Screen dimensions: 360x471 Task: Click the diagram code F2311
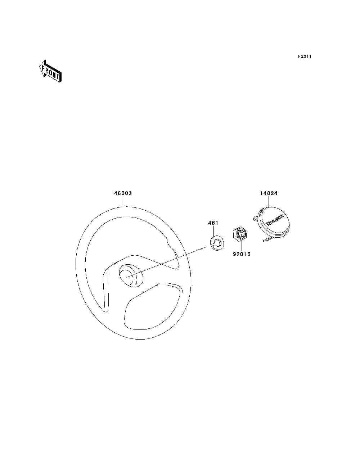304,57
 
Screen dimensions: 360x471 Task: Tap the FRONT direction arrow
50,72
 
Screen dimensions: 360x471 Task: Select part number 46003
123,193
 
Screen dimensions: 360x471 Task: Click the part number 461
213,223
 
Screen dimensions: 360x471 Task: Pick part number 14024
269,193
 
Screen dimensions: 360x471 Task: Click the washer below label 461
216,243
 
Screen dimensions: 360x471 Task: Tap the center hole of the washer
217,243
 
